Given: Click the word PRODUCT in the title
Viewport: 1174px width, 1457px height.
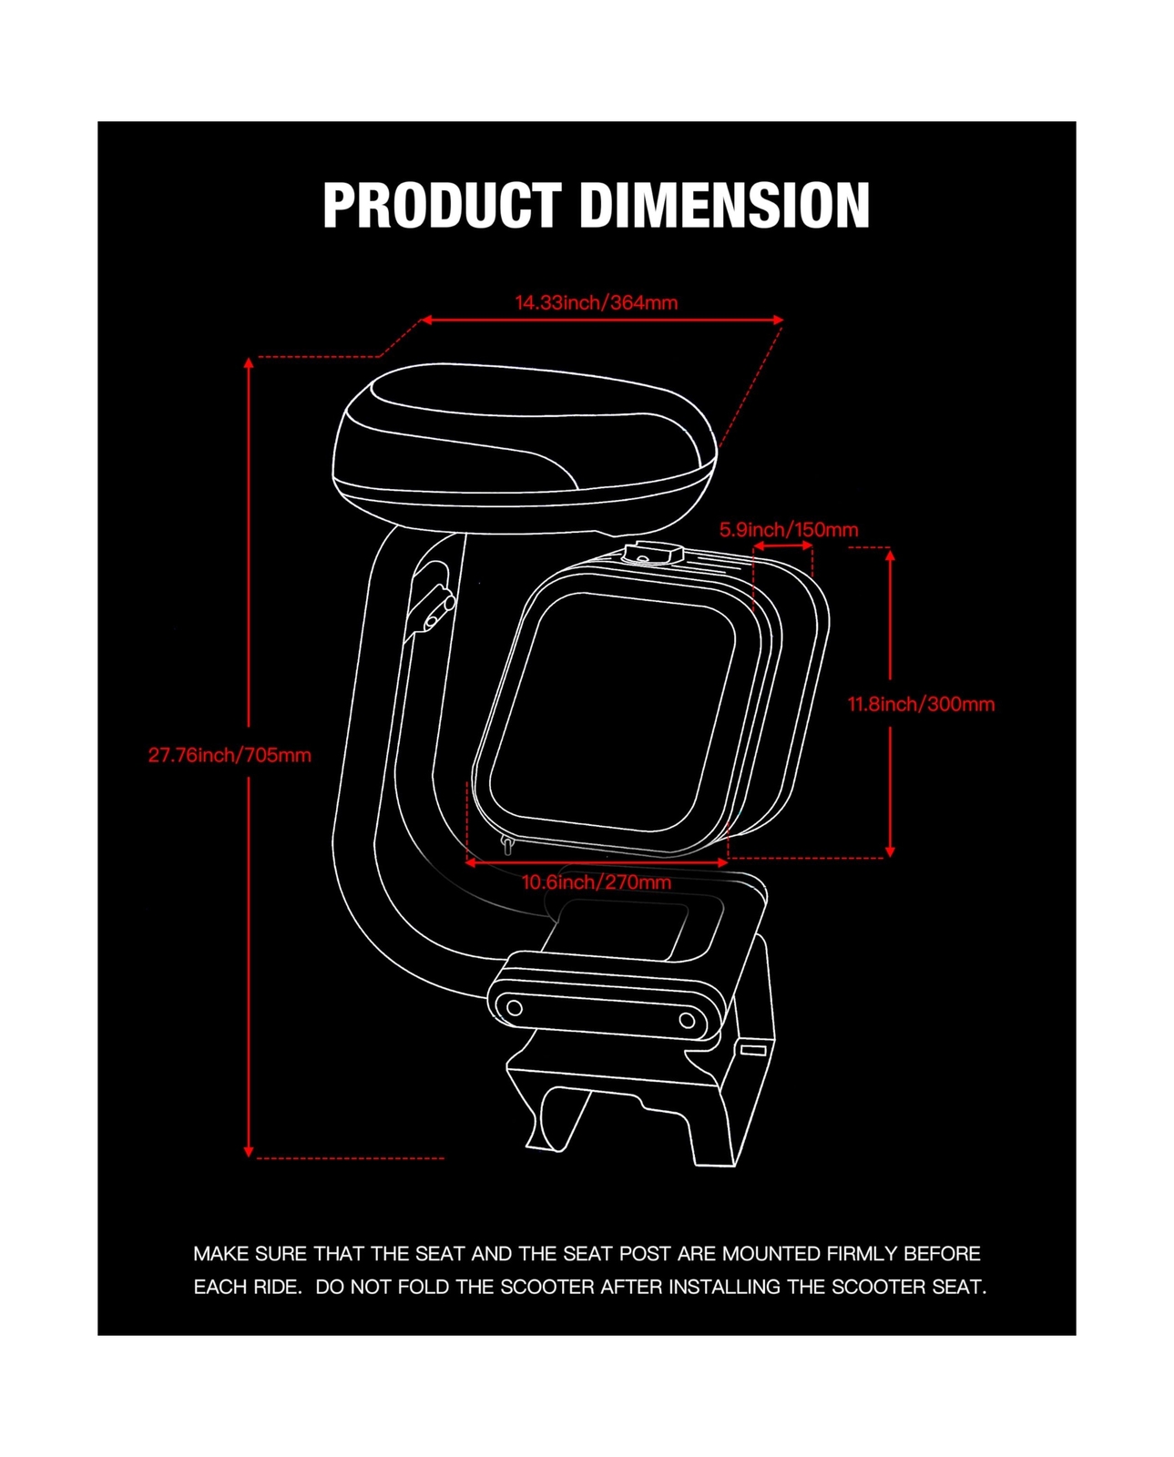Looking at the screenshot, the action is tap(442, 205).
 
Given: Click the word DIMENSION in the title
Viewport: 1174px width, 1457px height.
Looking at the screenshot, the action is tap(725, 205).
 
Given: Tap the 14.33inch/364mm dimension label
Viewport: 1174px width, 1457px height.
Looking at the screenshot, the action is tap(597, 302).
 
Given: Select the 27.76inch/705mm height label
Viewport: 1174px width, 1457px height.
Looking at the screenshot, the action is tap(230, 755).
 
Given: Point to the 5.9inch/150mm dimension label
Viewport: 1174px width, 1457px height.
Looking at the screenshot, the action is tap(789, 529).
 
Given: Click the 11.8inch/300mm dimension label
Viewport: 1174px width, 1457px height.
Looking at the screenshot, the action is tap(921, 704).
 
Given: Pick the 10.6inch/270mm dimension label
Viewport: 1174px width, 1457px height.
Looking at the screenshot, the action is tap(597, 882).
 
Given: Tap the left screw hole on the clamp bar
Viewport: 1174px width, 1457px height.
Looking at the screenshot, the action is tap(515, 1008).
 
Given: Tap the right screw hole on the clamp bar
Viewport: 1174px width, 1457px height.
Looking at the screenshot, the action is tap(688, 1021).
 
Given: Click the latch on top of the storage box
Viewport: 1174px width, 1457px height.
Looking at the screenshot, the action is tap(654, 553).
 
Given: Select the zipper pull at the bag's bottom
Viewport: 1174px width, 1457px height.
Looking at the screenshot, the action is tap(507, 847).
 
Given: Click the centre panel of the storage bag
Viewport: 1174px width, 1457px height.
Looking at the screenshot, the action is tap(612, 710).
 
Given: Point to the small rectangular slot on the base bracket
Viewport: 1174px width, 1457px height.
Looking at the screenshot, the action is tap(753, 1050).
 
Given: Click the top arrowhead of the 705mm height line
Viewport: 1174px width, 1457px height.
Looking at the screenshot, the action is tap(249, 363).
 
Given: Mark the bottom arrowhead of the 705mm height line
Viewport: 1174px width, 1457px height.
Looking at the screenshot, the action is tap(249, 1151).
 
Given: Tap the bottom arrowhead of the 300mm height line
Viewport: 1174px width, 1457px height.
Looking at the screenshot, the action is tap(890, 851).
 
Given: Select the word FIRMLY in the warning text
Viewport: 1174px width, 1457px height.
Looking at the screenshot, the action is tap(862, 1254).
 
